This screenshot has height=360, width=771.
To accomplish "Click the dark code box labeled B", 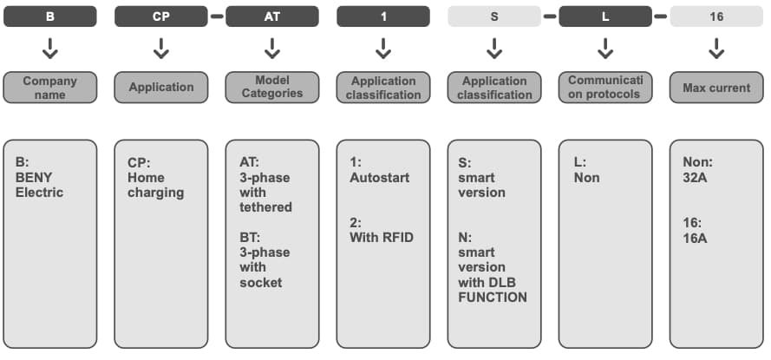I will (50, 16).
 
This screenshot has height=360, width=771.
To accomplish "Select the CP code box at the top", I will (160, 16).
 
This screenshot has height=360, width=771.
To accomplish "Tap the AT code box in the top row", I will (271, 16).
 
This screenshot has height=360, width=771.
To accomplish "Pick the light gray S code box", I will (494, 16).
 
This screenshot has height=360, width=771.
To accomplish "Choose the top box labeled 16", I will (716, 16).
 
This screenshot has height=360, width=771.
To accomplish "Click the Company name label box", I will (50, 88).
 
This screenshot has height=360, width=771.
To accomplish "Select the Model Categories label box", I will (271, 88).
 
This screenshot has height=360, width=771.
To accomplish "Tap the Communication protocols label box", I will (605, 88).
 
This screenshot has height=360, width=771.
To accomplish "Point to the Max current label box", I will (716, 88).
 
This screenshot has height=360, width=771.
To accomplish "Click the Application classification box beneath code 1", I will (383, 88).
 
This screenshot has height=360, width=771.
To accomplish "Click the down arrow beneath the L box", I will (605, 49).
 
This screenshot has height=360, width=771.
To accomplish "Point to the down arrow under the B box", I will (50, 49).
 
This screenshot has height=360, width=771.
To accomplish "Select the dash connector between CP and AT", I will (216, 16).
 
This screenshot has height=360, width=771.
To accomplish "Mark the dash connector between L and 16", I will (661, 16).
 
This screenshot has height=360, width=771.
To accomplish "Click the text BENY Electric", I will (39, 185).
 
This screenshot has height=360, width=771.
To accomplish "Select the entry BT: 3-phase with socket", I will (265, 259).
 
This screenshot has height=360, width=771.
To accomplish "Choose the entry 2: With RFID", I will (381, 229).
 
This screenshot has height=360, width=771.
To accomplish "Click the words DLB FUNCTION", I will (492, 290).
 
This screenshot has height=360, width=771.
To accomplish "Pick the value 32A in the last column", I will (696, 177).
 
